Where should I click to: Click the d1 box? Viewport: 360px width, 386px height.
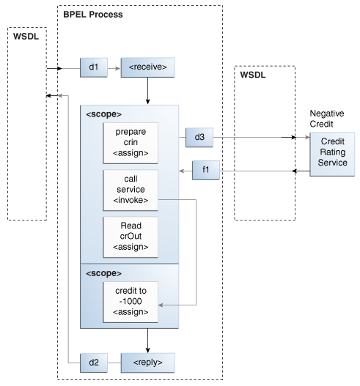(x=93, y=69)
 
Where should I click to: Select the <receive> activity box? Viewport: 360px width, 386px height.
(x=148, y=69)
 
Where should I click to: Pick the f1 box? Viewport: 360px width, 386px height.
(x=205, y=171)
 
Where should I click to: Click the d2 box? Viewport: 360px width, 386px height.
(x=93, y=362)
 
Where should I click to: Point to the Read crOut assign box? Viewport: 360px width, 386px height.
(x=131, y=236)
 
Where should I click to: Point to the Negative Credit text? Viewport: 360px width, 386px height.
(x=326, y=119)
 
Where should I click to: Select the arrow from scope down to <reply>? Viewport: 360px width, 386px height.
(x=148, y=339)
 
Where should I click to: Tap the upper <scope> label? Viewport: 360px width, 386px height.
(x=104, y=114)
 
